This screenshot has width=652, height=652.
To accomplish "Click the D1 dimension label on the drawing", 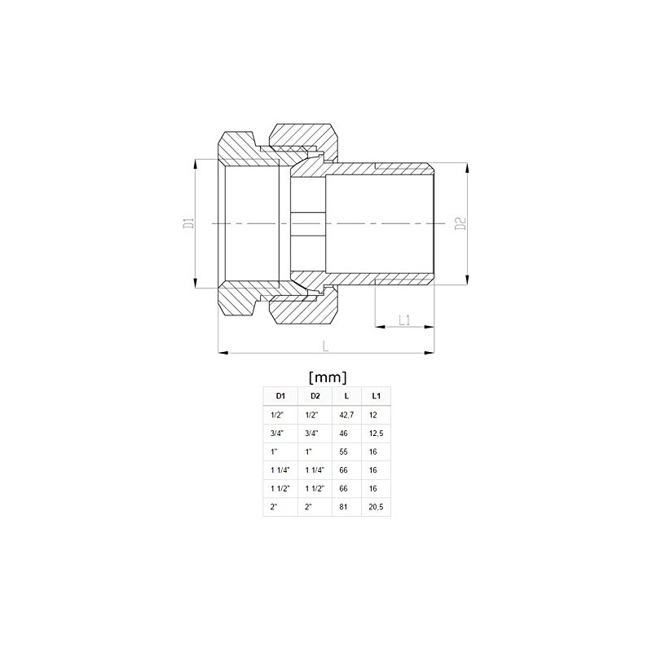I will point(186,223).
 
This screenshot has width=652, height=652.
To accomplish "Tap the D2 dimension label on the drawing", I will point(460,223).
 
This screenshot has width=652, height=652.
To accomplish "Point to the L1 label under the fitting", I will point(404,320).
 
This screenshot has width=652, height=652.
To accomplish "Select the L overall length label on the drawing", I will point(325,346).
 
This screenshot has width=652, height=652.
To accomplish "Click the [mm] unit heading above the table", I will point(328,377).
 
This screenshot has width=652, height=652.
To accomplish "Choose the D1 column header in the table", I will point(280,396).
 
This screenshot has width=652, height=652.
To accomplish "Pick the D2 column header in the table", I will point(315,396).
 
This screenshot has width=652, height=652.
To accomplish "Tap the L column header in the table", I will point(347,396).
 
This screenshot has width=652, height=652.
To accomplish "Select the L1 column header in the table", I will point(376,396).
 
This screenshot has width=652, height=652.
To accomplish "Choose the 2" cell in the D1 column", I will point(275,507).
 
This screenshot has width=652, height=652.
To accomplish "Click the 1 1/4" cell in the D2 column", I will point(314,470).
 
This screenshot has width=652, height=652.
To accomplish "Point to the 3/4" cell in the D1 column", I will point(276,433).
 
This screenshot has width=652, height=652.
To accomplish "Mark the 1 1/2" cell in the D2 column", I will point(314,488).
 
